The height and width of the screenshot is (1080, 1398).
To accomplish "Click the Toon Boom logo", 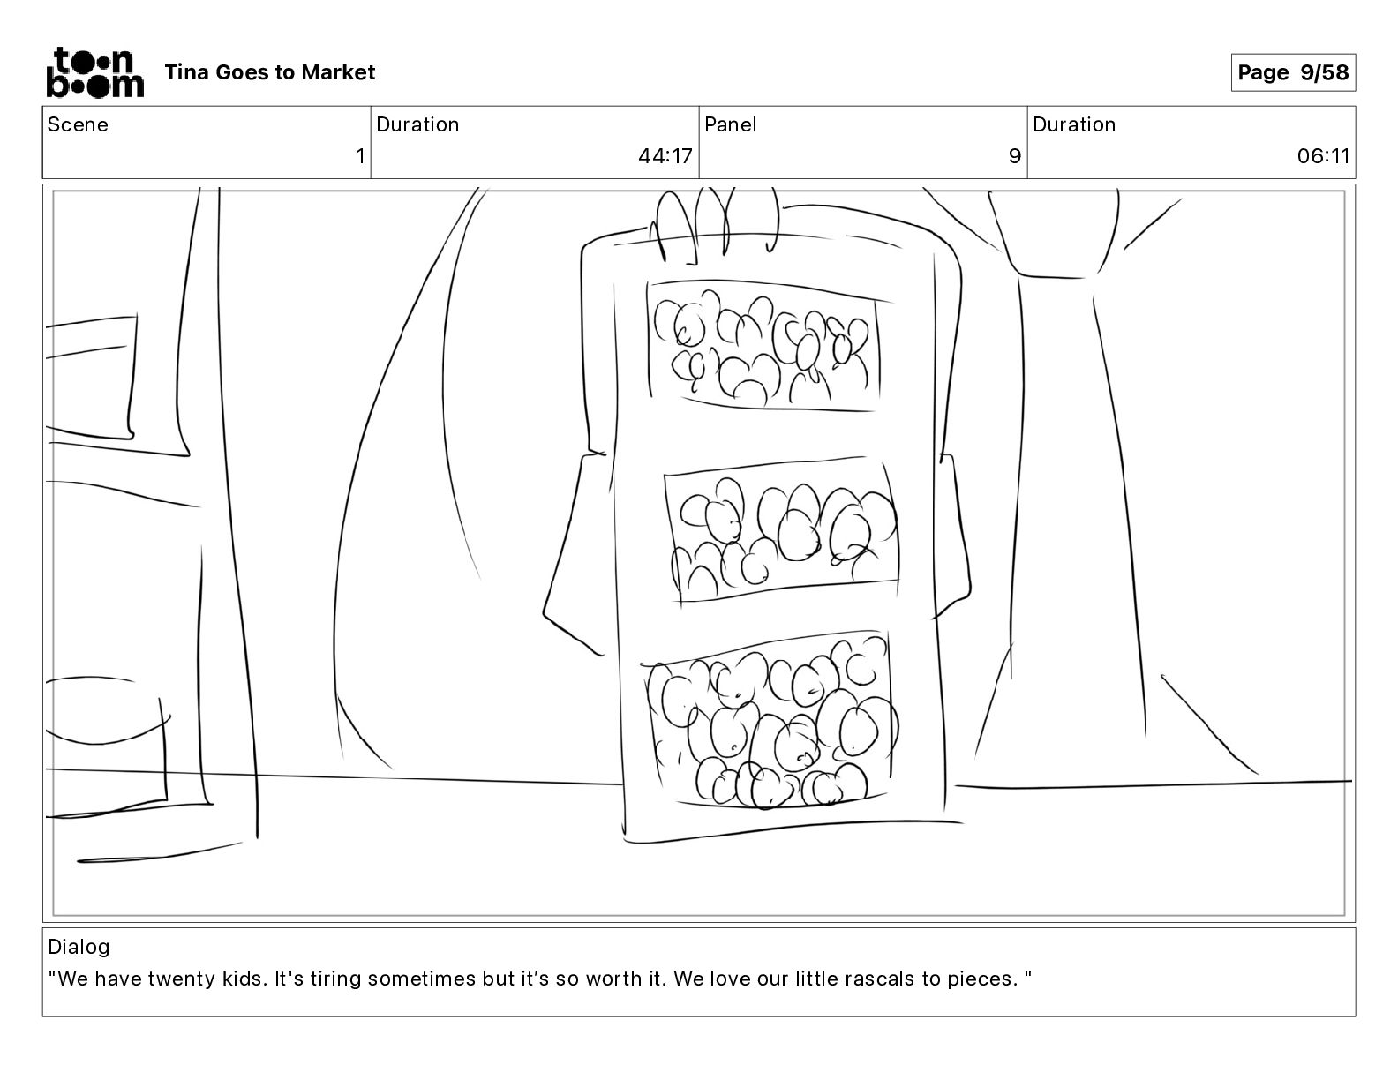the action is click(x=95, y=72).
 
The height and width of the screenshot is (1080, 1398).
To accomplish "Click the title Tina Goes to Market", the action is click(x=269, y=72).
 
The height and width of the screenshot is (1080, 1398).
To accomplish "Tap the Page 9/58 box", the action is click(x=1292, y=72).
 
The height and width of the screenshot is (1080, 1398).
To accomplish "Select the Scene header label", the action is click(x=78, y=124).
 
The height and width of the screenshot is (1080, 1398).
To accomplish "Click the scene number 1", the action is click(x=360, y=155).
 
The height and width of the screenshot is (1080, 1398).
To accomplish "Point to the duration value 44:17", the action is click(x=665, y=155).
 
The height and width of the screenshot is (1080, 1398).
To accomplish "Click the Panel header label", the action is click(x=730, y=124).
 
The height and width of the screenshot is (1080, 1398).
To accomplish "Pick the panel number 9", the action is click(x=1015, y=155).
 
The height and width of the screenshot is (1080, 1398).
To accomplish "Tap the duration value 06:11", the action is click(x=1323, y=155).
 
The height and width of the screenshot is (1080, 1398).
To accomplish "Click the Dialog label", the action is click(x=79, y=946).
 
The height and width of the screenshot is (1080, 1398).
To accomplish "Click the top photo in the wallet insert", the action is click(x=764, y=345).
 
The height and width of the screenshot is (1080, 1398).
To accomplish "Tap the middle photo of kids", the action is click(x=781, y=529).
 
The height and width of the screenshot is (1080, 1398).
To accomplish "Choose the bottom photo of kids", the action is click(x=770, y=720).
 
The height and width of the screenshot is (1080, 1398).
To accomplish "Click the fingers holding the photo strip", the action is click(x=714, y=225).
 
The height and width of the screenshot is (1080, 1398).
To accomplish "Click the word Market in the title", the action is click(x=338, y=72).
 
